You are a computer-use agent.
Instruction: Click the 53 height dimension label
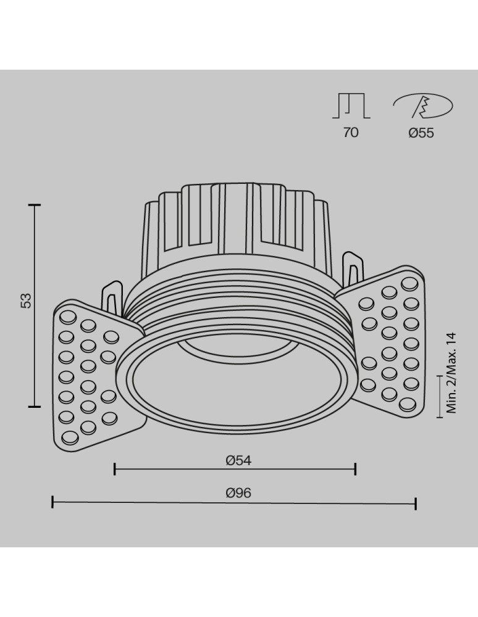[25, 300]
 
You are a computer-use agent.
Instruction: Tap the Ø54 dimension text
[238, 460]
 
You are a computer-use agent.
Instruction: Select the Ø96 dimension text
[238, 493]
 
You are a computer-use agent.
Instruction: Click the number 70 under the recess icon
[350, 132]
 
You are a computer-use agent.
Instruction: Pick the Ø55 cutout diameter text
[421, 132]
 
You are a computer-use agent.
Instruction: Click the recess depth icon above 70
[351, 106]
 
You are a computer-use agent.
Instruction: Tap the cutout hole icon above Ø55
[424, 106]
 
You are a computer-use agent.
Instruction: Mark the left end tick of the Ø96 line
[52, 503]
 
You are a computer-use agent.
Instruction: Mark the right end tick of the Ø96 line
[416, 503]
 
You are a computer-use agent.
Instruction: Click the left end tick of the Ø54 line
[115, 470]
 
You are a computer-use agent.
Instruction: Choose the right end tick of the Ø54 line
[355, 470]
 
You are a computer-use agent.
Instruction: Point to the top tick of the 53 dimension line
[35, 205]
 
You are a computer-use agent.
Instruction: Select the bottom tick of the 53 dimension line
[35, 406]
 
